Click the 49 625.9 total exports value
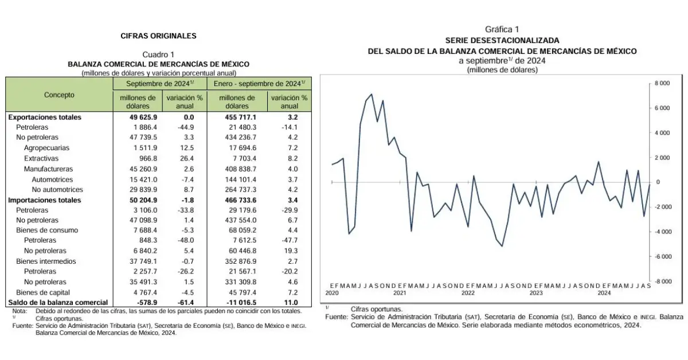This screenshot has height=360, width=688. pyautogui.click(x=138, y=117)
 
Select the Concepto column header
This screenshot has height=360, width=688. pyautogui.click(x=59, y=95)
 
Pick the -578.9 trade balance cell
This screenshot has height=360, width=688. pyautogui.click(x=142, y=302)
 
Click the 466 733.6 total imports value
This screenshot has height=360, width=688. pyautogui.click(x=237, y=200)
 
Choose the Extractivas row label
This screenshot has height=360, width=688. pyautogui.click(x=41, y=158)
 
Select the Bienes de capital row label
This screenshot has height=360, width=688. pyautogui.click(x=42, y=292)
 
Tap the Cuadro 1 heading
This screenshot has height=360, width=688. pyautogui.click(x=158, y=54)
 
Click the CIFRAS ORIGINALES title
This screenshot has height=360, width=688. pyautogui.click(x=158, y=36)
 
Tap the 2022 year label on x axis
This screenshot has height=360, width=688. pyautogui.click(x=468, y=292)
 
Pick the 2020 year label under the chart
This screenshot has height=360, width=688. pyautogui.click(x=333, y=292)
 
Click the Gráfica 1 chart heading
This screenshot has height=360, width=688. pyautogui.click(x=502, y=29)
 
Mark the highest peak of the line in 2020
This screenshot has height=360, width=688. pyautogui.click(x=372, y=94)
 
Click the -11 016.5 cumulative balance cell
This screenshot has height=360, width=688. pyautogui.click(x=237, y=302)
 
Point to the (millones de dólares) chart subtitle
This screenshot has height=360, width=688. pyautogui.click(x=502, y=70)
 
